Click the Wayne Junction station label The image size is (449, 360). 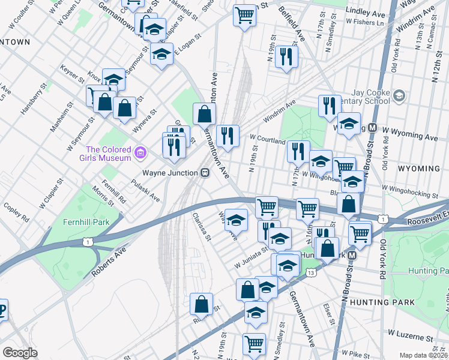170,173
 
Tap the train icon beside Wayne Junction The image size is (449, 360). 205,173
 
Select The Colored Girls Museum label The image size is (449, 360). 108,154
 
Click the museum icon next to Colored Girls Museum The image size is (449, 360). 140,154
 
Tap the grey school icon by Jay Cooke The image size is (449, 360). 399,94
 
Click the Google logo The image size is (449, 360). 20,353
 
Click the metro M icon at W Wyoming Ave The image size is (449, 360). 372,128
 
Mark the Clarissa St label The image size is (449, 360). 201,225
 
